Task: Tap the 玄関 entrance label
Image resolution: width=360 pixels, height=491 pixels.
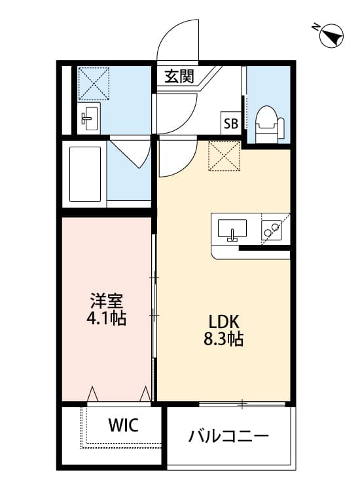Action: (179, 77)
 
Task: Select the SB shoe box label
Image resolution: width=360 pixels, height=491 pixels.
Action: (230, 122)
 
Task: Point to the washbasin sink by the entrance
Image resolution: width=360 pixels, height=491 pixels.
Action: (90, 118)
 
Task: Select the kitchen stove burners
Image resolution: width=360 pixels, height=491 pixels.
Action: (271, 229)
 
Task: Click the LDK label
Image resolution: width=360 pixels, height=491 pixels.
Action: (226, 322)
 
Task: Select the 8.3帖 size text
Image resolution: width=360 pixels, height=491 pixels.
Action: (226, 340)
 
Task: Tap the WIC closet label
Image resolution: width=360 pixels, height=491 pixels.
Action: (123, 426)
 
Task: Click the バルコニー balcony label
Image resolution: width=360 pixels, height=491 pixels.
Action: (228, 435)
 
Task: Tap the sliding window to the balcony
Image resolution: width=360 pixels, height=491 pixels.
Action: (242, 404)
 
